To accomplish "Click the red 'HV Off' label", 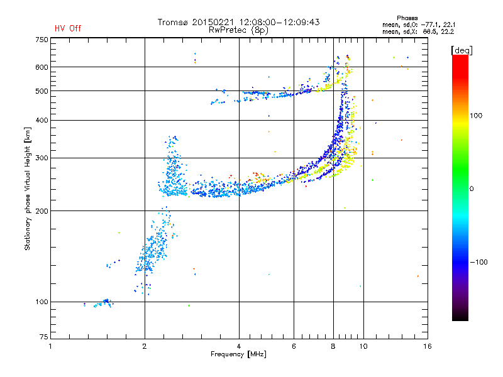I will pyautogui.click(x=67, y=28).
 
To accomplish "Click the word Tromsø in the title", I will pyautogui.click(x=174, y=22).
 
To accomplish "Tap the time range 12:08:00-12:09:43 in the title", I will pyautogui.click(x=280, y=22).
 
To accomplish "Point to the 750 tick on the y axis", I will pyautogui.click(x=41, y=40).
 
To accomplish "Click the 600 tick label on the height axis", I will pyautogui.click(x=41, y=67).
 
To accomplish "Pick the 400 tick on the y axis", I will pyautogui.click(x=41, y=120).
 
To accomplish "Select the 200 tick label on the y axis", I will pyautogui.click(x=41, y=211).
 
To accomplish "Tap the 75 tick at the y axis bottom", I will pyautogui.click(x=43, y=339).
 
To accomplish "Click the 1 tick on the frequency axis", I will pyautogui.click(x=50, y=347).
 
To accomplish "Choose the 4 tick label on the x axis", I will pyautogui.click(x=239, y=347).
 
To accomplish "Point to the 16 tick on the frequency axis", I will pyautogui.click(x=426, y=347).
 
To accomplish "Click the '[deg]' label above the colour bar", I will pyautogui.click(x=462, y=50).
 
